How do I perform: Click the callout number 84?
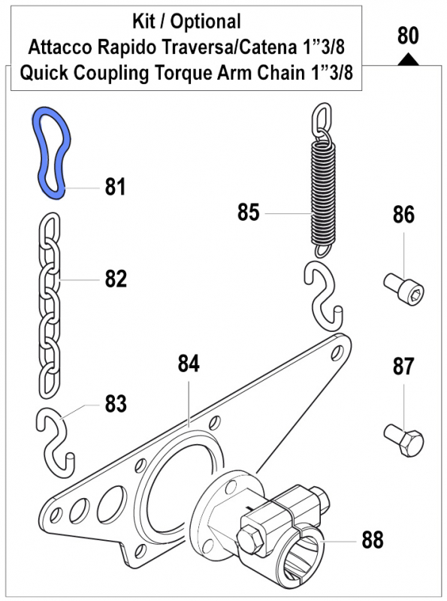(189, 364)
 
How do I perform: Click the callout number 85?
(249, 213)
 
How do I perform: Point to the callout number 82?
(116, 279)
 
